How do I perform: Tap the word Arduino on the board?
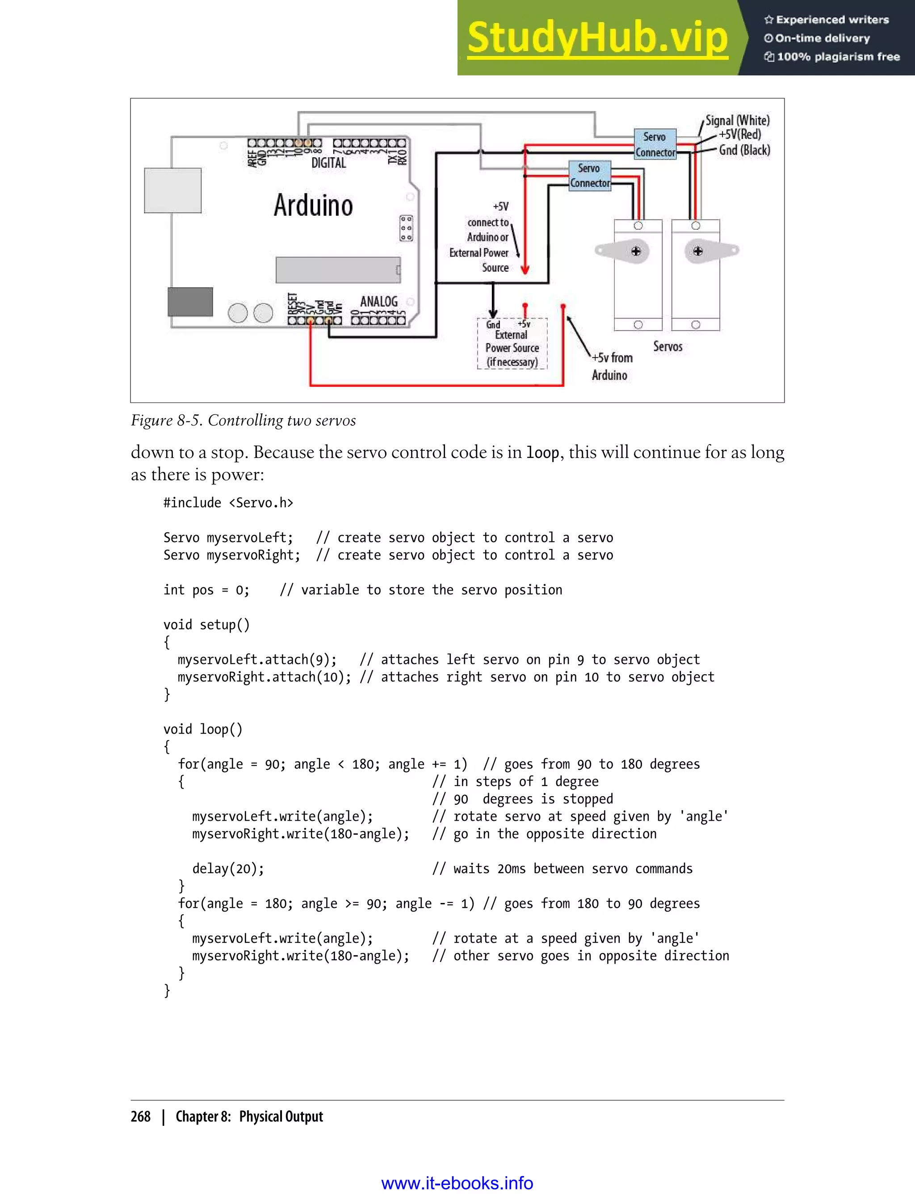tap(313, 206)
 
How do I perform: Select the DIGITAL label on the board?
tap(328, 163)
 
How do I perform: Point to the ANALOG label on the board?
tap(379, 301)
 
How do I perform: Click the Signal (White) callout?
tap(738, 120)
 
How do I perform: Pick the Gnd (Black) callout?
tap(744, 150)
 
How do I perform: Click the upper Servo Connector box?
tap(655, 144)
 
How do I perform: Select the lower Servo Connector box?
tap(590, 176)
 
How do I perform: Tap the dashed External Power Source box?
tap(512, 344)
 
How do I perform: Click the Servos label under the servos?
tap(668, 346)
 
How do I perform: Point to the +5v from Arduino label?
tap(611, 366)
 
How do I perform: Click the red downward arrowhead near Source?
tap(525, 269)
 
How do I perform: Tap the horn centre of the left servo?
tap(636, 251)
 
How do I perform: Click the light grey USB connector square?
tap(172, 190)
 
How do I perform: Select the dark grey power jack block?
tap(190, 302)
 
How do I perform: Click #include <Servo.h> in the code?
tap(228, 503)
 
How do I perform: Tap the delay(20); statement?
tap(228, 869)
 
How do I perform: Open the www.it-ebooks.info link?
tap(457, 1183)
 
